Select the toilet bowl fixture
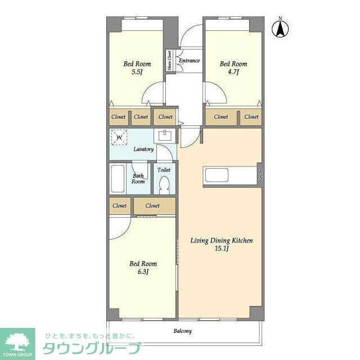click(165, 184)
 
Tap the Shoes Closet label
click(169, 61)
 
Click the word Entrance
click(189, 61)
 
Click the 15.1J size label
click(221, 249)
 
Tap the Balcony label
click(182, 331)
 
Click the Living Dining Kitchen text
click(221, 241)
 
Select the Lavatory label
click(143, 150)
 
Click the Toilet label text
click(164, 169)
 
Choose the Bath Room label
click(138, 178)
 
